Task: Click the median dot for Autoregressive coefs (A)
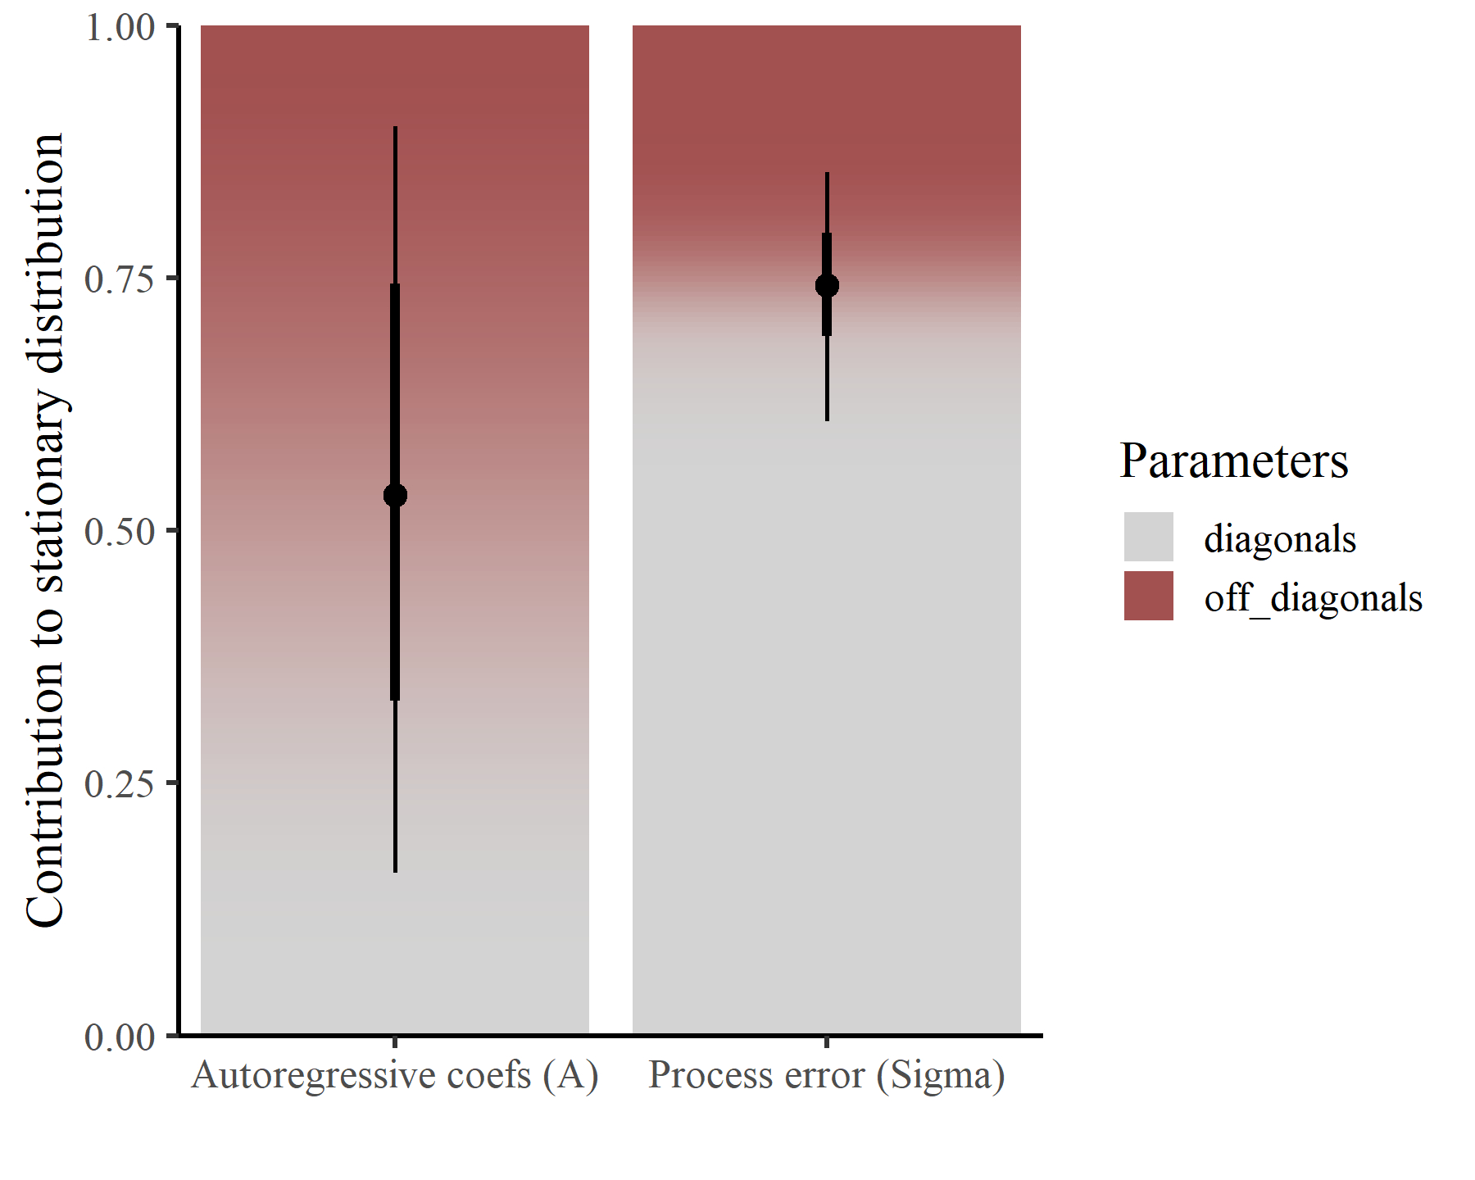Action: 395,495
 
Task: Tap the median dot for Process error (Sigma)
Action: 827,285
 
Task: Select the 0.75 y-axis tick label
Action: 120,279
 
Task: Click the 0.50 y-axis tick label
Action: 120,532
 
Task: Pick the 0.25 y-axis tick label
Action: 120,784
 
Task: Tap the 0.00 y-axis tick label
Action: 120,1037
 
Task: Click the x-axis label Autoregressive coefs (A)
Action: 395,1075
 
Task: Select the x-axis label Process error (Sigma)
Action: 827,1075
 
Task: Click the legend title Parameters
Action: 1233,461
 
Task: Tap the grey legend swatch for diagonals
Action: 1148,537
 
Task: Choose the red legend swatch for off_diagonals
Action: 1148,596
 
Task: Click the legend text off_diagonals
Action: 1313,598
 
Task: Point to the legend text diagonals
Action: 1280,539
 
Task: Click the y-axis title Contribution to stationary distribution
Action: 45,530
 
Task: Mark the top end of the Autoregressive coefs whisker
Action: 395,128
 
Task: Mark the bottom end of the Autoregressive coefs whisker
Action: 395,871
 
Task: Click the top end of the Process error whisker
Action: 827,174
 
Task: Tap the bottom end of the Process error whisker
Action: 827,420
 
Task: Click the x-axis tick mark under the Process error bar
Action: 827,1042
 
